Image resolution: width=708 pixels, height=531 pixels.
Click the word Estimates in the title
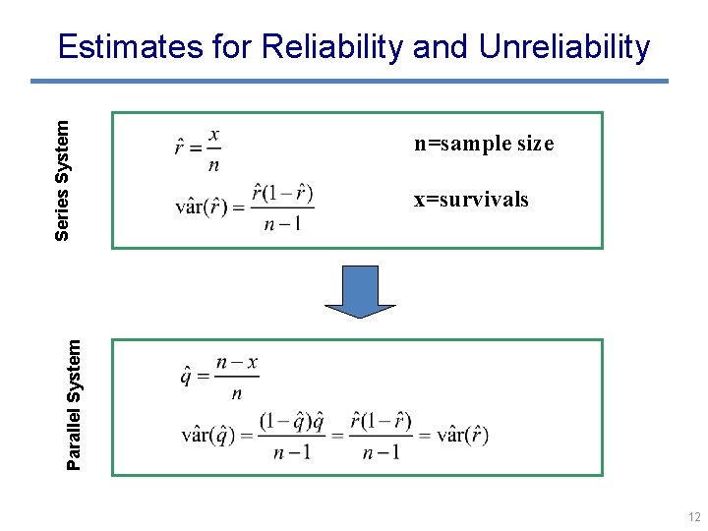tap(130, 46)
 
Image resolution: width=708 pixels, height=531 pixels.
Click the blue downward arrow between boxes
tap(359, 292)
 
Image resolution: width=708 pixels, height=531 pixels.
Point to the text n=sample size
tap(483, 144)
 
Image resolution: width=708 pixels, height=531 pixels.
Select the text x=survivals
tap(471, 200)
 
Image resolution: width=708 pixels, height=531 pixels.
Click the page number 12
tap(694, 517)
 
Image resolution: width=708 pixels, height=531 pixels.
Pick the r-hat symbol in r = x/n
tap(181, 148)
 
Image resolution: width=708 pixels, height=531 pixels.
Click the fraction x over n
tap(213, 148)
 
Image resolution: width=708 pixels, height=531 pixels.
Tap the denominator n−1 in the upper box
tap(282, 224)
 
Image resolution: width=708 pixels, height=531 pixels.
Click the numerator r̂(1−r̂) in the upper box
tap(282, 192)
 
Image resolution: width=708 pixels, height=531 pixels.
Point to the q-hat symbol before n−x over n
tap(186, 377)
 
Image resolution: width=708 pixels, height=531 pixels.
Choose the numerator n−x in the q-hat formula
tap(237, 362)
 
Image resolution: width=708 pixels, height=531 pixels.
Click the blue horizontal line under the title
tap(358, 81)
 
